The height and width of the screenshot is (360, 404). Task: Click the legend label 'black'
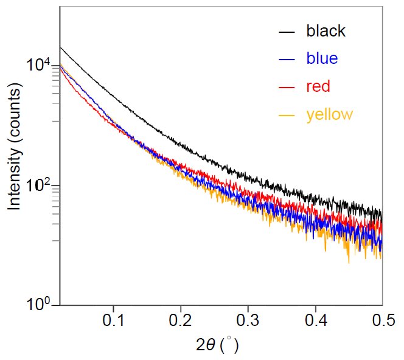[326, 31]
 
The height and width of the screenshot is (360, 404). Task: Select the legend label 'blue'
[322, 58]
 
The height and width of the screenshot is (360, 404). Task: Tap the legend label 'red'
[318, 86]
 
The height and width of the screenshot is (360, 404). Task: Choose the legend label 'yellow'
[329, 114]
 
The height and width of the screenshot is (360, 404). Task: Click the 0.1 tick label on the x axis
[114, 319]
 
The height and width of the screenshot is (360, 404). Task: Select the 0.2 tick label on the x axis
[181, 319]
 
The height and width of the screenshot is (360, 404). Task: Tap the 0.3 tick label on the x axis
[248, 319]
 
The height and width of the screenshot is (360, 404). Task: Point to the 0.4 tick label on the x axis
[315, 319]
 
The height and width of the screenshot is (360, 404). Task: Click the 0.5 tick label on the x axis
[381, 319]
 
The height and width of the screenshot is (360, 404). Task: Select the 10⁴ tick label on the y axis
[41, 64]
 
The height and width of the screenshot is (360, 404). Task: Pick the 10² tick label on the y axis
[41, 185]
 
